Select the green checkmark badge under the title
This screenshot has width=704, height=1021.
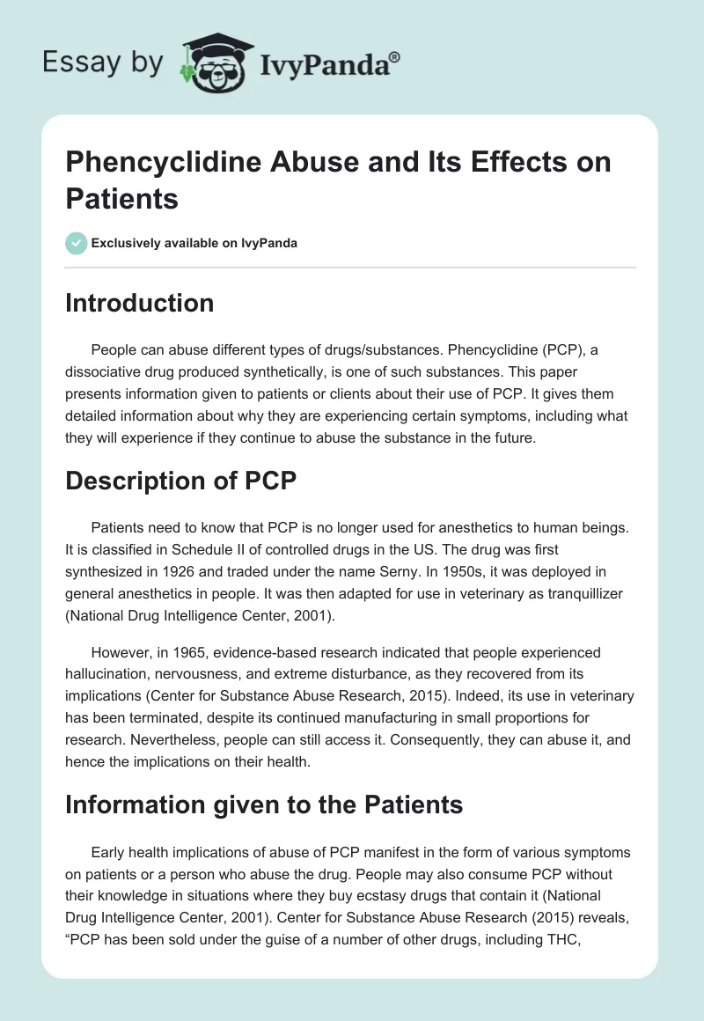(x=77, y=243)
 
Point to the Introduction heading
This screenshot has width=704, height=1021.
(x=140, y=303)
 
